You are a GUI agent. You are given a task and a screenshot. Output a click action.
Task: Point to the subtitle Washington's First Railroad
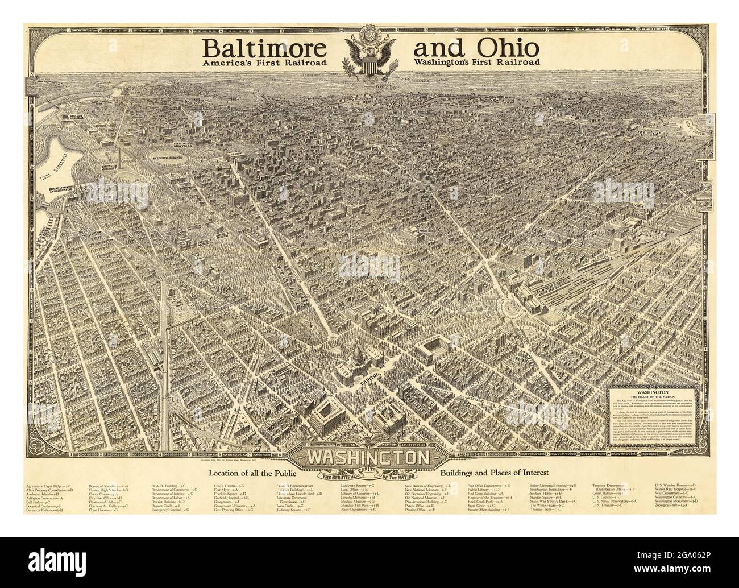(476, 63)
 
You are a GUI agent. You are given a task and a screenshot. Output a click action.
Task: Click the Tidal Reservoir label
(54, 170)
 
